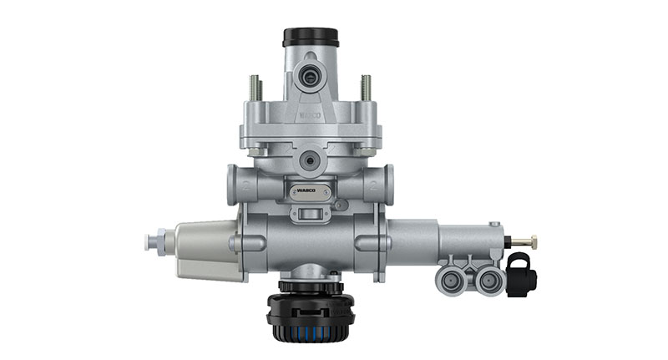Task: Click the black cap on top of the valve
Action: coord(310,38)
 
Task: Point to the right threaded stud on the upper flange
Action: coord(365,88)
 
